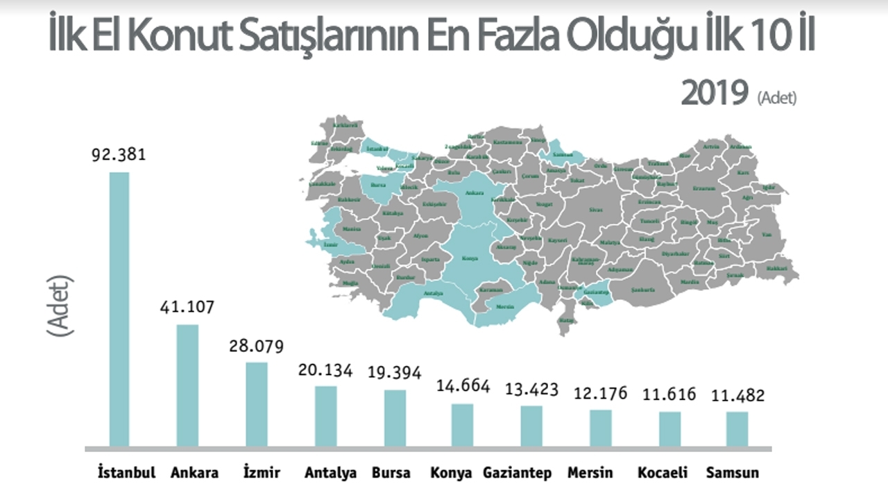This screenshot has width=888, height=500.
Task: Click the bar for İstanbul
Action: [119, 309]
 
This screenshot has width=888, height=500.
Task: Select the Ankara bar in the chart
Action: [187, 385]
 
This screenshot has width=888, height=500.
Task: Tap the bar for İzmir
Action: [257, 404]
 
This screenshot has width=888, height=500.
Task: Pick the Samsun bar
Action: [737, 429]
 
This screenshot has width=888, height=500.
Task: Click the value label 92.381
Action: [119, 154]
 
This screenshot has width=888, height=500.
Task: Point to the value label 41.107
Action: [187, 306]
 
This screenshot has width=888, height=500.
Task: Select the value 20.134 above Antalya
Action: [325, 369]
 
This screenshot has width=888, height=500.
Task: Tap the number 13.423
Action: [531, 389]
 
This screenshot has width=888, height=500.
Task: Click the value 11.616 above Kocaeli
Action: [669, 394]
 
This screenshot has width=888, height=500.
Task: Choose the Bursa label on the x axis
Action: [391, 473]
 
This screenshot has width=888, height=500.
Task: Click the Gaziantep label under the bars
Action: [518, 473]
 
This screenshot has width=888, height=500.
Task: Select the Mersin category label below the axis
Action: [590, 473]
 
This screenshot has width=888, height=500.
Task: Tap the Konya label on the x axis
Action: [451, 473]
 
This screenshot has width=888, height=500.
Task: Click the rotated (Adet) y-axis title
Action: [60, 306]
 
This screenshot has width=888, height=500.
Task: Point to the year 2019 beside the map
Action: [715, 94]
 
